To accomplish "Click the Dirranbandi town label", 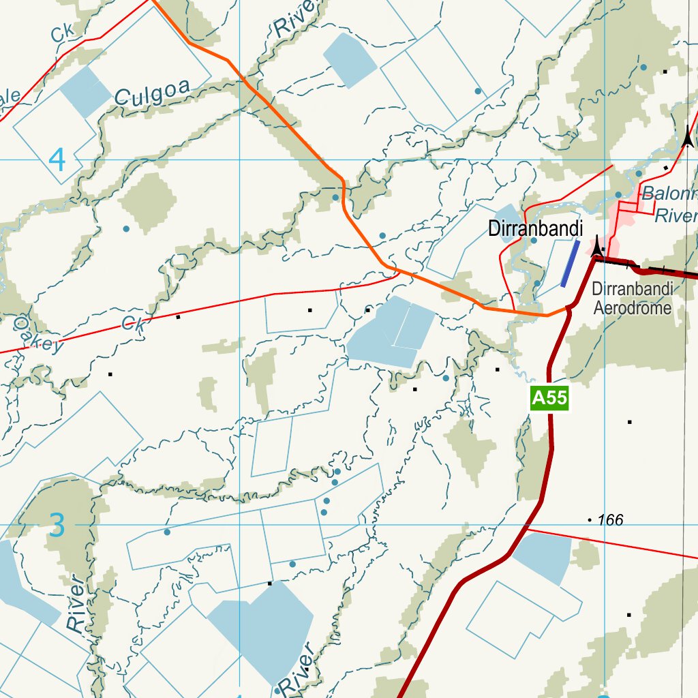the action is [x=535, y=229].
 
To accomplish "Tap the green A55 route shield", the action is [x=549, y=397].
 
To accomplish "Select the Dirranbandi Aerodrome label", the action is [x=632, y=298].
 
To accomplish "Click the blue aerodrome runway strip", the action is [x=570, y=263].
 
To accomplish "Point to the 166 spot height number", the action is [x=609, y=521].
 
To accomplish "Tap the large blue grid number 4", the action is [x=57, y=160].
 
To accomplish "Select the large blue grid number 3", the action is [x=58, y=526].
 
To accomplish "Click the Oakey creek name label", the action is [x=37, y=333].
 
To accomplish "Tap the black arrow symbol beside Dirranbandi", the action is [x=598, y=245].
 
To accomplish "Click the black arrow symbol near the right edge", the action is [x=688, y=138].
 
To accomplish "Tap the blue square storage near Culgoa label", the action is [x=85, y=91].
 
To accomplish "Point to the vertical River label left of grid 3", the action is [x=77, y=603].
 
